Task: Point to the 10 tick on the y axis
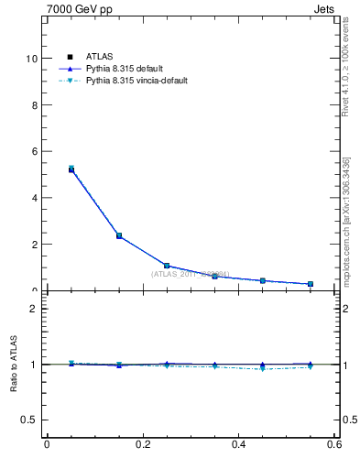click(x=31, y=58)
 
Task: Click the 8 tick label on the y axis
click(x=34, y=104)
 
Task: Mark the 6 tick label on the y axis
click(x=34, y=151)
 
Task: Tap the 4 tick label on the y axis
click(x=34, y=198)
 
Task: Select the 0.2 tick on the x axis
click(x=142, y=445)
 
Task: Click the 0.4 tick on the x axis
click(x=238, y=445)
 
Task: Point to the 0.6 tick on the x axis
click(x=334, y=445)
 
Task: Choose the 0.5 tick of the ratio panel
click(x=29, y=420)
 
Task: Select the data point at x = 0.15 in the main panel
click(x=119, y=235)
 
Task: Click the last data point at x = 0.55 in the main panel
click(x=311, y=284)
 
